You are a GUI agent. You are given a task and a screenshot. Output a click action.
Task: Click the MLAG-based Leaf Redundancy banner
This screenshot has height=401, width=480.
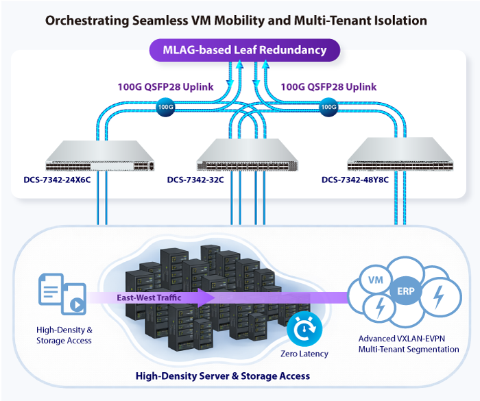pos(244,50)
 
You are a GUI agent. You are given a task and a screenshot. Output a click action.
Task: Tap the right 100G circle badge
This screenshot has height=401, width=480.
pos(328,108)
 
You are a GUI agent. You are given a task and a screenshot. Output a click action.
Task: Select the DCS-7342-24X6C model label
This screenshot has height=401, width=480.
pos(56,181)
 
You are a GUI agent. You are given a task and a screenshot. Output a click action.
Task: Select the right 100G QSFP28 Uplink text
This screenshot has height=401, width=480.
pos(329,88)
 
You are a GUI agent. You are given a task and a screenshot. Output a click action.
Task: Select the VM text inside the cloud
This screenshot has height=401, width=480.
pos(376,281)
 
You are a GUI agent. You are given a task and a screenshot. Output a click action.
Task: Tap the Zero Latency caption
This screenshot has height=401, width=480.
pos(304,354)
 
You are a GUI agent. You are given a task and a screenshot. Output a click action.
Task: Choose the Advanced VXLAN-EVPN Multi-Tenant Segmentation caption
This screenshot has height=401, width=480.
pos(409,344)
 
